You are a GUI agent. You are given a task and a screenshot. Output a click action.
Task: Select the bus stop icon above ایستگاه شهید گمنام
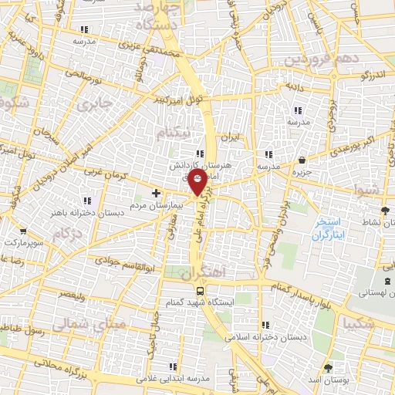(x=201, y=291)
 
